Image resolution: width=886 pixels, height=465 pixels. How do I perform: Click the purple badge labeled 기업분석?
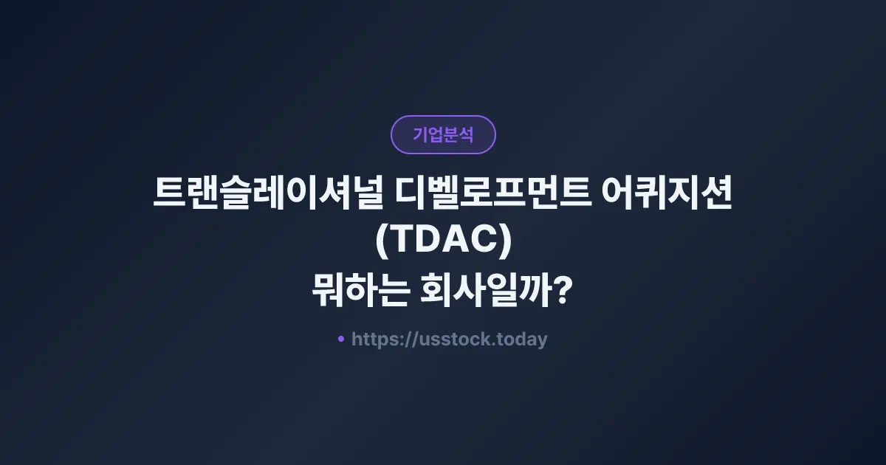tap(443, 134)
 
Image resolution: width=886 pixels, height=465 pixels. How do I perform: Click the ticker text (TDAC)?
tap(443, 243)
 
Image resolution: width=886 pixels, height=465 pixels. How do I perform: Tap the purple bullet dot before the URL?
tap(341, 339)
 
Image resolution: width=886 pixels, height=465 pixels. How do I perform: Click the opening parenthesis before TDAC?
tap(382, 244)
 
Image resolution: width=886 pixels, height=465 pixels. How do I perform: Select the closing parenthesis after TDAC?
tap(505, 244)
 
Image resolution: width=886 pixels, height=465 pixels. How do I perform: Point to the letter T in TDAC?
tap(402, 243)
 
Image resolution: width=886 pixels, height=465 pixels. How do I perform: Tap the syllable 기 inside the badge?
tap(420, 135)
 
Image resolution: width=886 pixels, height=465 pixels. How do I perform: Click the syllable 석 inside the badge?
tap(466, 135)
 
